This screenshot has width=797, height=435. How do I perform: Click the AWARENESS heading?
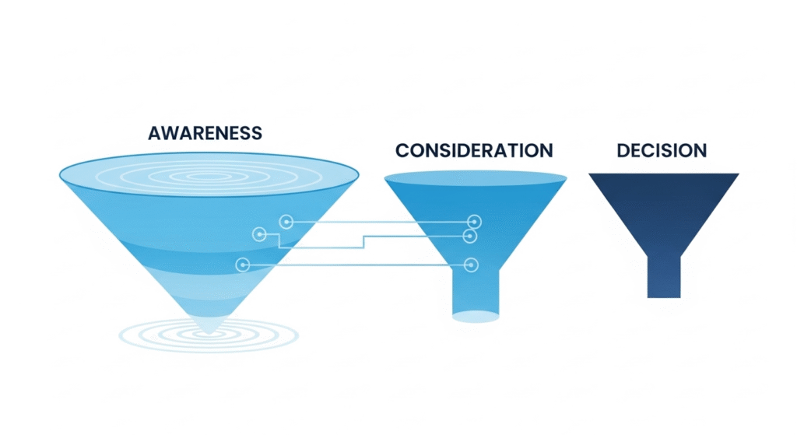pyautogui.click(x=205, y=133)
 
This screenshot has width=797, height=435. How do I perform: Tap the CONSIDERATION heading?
pyautogui.click(x=474, y=150)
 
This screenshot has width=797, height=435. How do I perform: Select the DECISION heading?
pyautogui.click(x=662, y=150)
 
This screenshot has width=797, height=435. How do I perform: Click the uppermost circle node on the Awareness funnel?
pyautogui.click(x=286, y=223)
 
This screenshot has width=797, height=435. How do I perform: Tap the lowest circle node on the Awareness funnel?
pyautogui.click(x=242, y=265)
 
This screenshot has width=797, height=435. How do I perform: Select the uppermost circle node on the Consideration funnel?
pyautogui.click(x=473, y=223)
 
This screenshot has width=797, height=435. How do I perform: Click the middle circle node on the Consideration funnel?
pyautogui.click(x=469, y=236)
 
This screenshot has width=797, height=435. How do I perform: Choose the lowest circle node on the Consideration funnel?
pyautogui.click(x=470, y=265)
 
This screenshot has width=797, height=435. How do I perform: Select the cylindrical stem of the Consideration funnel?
pyautogui.click(x=475, y=292)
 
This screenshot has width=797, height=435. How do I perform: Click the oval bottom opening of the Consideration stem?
pyautogui.click(x=475, y=316)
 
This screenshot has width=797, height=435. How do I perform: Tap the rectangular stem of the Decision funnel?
pyautogui.click(x=663, y=276)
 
